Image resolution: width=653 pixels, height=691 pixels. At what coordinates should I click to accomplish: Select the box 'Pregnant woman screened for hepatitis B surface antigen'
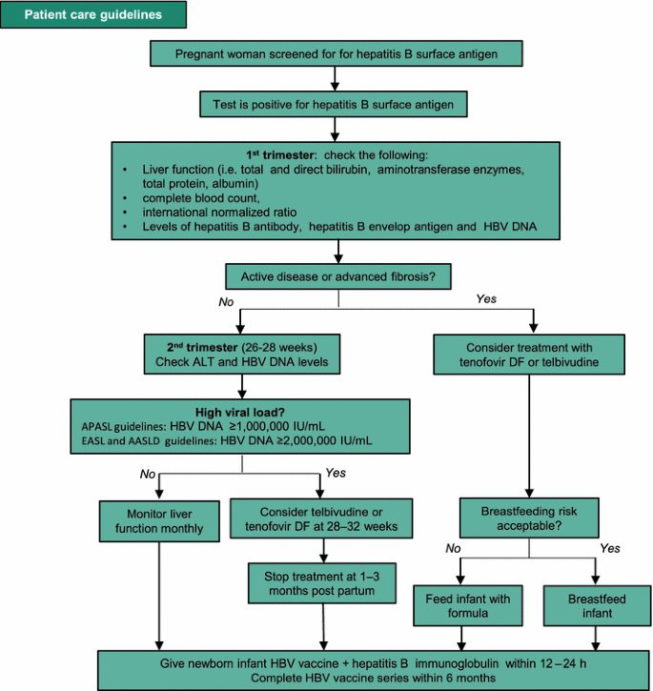pyautogui.click(x=337, y=54)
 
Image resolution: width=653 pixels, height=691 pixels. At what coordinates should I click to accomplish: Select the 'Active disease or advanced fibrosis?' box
pyautogui.click(x=337, y=277)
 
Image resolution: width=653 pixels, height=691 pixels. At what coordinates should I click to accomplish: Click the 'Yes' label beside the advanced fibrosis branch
pyautogui.click(x=487, y=299)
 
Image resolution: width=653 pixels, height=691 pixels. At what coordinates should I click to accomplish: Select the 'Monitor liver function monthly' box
pyautogui.click(x=153, y=520)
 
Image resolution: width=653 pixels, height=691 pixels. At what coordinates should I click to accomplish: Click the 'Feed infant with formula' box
pyautogui.click(x=461, y=606)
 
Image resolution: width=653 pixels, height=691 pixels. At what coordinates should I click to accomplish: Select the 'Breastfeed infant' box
pyautogui.click(x=596, y=606)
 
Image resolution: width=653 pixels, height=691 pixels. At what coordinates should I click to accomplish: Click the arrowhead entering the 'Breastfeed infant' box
pyautogui.click(x=596, y=581)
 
